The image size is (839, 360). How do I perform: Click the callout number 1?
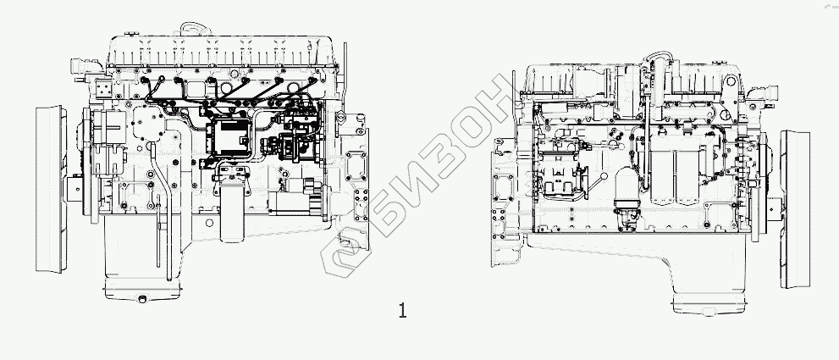pos(402,310)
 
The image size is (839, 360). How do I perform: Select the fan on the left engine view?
pos(51,189)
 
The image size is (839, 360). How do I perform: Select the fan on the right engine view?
pos(795,209)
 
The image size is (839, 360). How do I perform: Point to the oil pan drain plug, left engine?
pos(142,299)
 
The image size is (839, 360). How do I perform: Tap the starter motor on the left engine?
pos(299,201)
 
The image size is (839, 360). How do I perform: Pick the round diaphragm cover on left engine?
pos(146,123)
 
